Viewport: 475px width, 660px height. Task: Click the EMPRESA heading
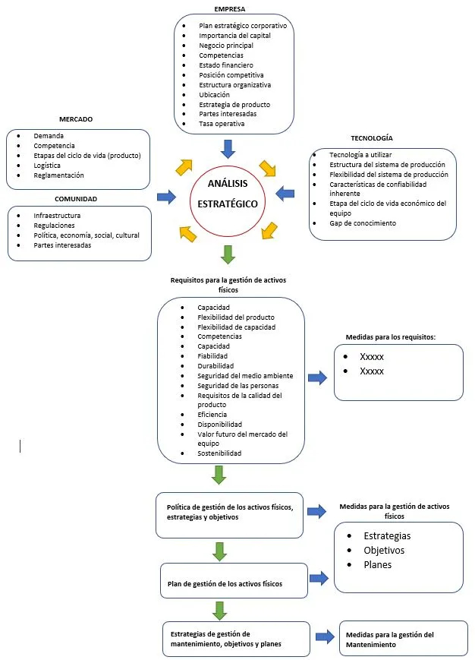229,9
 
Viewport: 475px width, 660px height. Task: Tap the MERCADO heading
76,119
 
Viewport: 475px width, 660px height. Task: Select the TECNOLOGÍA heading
372,138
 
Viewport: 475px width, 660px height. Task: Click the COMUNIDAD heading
76,199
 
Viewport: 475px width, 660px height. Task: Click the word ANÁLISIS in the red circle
228,184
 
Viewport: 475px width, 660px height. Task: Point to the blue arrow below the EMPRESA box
228,149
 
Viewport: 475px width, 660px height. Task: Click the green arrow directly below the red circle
228,254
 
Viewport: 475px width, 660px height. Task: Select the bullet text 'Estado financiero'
226,65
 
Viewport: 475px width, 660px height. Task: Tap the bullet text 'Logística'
47,166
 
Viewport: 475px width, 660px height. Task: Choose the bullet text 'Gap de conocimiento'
363,223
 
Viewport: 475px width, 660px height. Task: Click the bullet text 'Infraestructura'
57,216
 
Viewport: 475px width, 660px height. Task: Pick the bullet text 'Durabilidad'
215,366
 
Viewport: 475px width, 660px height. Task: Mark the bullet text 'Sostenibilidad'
219,453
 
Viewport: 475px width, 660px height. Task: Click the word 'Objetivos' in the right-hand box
384,551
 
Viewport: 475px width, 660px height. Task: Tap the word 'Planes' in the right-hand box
377,565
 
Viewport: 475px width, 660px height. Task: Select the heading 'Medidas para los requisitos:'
391,337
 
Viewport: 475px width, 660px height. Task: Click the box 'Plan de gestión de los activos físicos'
234,580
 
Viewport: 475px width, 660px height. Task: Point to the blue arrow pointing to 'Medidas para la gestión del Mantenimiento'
325,637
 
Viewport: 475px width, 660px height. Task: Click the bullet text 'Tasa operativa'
222,124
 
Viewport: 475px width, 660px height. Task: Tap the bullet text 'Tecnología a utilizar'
360,155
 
